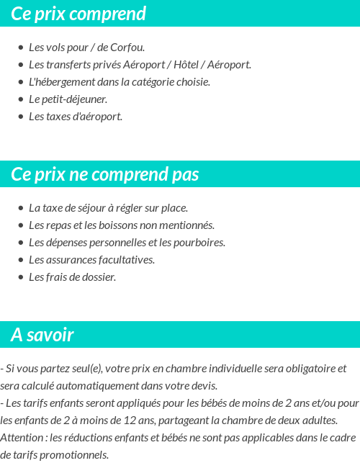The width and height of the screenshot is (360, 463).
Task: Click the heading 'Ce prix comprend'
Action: click(x=78, y=14)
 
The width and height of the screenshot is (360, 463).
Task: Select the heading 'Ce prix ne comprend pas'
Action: click(x=105, y=174)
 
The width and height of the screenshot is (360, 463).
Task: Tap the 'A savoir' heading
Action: click(x=42, y=335)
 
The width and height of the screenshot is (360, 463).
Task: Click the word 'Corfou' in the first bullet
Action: click(x=127, y=48)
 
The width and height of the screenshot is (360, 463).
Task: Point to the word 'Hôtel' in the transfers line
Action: click(x=189, y=65)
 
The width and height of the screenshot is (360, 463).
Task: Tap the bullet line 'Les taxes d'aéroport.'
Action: click(x=76, y=117)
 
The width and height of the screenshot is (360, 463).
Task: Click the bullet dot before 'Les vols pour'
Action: click(x=21, y=48)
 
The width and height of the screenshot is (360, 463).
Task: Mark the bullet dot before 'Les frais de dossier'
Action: click(x=21, y=277)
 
